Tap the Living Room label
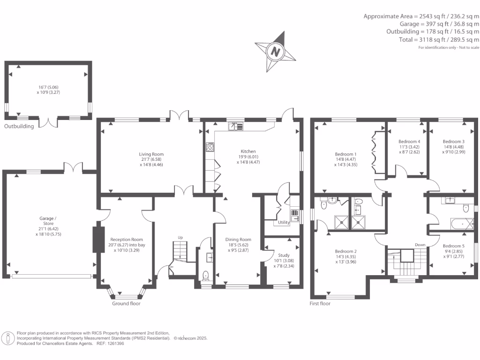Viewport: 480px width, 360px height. pos(151,154)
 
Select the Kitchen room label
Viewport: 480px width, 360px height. pos(248,151)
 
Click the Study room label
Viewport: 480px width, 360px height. pos(284,255)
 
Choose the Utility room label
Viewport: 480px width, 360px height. pos(284,223)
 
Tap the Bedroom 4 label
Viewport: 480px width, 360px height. pos(409,142)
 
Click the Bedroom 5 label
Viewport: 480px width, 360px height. pos(454,246)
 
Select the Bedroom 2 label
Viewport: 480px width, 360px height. pos(346,251)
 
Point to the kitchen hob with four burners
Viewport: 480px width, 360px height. pos(210,147)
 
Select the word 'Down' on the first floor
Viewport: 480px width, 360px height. pos(420,245)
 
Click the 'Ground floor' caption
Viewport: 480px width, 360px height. pos(126,303)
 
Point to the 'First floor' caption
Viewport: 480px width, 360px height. pos(320,303)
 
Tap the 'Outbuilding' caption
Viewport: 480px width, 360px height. pos(19,126)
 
